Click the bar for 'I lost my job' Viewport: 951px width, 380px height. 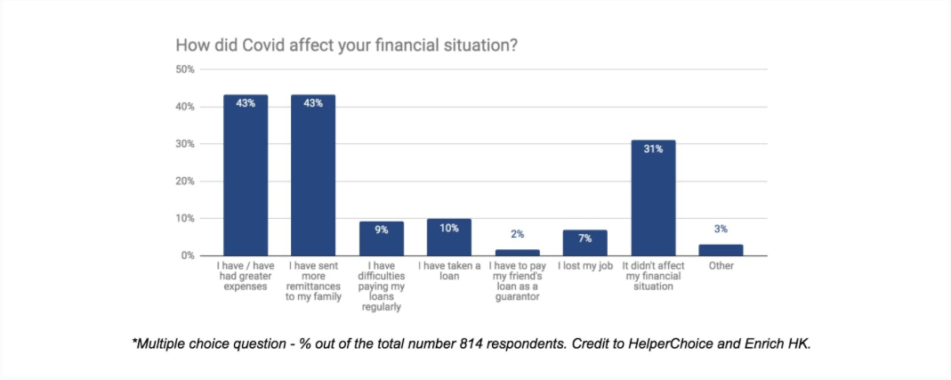584,243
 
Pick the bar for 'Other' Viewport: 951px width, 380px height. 721,250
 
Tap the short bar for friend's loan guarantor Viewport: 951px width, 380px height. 517,253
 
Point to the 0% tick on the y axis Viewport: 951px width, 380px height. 188,256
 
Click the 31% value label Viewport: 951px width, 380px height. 653,150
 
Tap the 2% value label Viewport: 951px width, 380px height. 517,235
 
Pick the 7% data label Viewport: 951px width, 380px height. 584,239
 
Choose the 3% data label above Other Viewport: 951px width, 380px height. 721,230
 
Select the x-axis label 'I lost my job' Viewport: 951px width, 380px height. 584,266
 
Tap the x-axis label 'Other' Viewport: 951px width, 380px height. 721,266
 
